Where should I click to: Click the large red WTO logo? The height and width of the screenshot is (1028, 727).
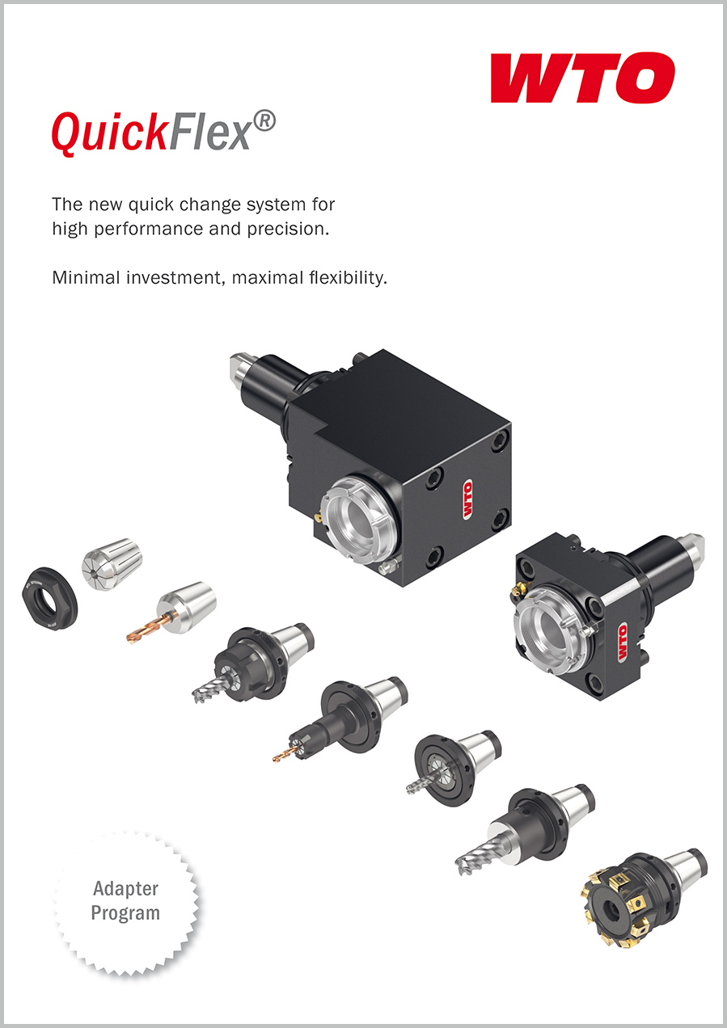(x=583, y=78)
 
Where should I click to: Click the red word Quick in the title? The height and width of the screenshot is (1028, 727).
(x=108, y=133)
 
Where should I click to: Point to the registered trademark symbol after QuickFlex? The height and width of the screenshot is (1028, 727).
(x=264, y=120)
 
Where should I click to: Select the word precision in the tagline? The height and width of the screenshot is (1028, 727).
(x=288, y=229)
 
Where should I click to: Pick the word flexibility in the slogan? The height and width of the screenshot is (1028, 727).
(x=347, y=278)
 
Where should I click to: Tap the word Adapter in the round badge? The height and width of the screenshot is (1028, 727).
(x=125, y=889)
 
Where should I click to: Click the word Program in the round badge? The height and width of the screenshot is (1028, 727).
(x=125, y=912)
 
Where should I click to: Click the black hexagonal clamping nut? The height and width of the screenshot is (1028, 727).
(x=49, y=600)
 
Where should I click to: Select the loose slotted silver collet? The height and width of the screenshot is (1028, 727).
(x=112, y=564)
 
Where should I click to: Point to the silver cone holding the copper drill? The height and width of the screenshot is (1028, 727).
(x=187, y=607)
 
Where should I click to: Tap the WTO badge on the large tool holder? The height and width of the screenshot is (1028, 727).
(x=467, y=500)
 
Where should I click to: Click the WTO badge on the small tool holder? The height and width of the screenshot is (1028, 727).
(x=623, y=642)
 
